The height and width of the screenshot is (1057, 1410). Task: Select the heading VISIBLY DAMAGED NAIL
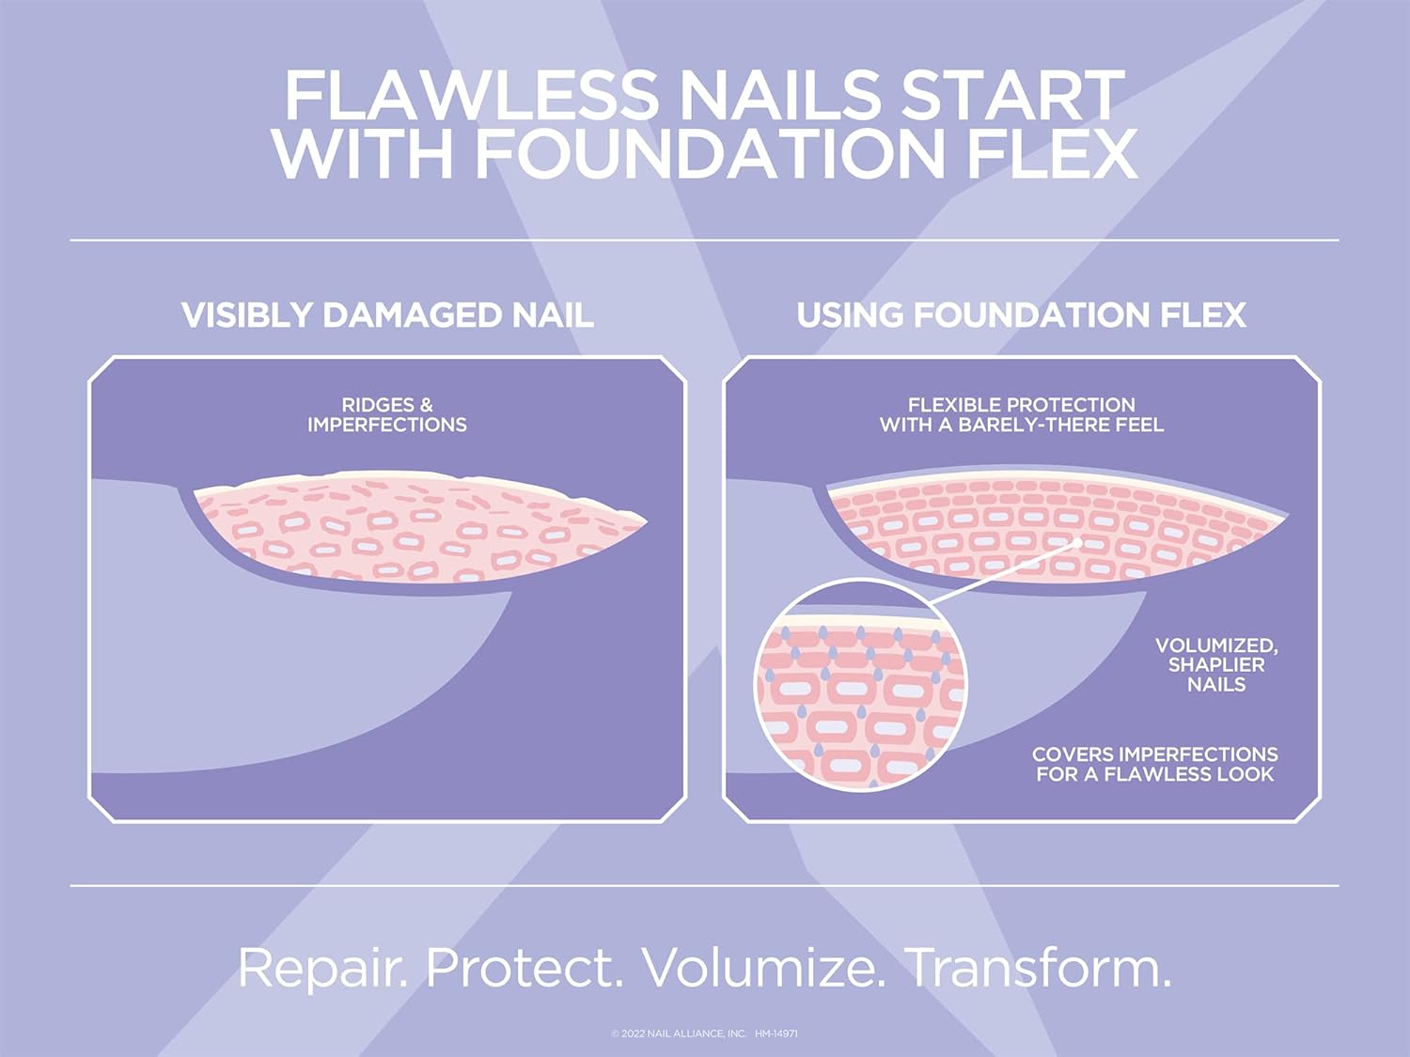pos(387,315)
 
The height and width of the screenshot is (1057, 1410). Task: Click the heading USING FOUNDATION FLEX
pos(1021,315)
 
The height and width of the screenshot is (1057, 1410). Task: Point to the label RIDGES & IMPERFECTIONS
pos(387,415)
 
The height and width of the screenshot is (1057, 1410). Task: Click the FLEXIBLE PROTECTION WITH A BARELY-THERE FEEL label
pos(1021,415)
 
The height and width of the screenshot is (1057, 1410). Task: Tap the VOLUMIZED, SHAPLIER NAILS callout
pos(1215,665)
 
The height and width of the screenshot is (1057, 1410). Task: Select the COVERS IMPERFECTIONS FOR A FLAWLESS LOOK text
pos(1154,764)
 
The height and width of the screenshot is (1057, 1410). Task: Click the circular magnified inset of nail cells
pos(860,686)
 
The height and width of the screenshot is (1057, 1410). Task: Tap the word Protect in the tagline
pos(525,968)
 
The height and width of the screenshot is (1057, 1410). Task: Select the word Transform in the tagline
pos(1038,968)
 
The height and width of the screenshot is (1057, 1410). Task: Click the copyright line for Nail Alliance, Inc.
pos(679,1034)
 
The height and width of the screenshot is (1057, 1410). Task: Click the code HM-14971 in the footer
pos(776,1034)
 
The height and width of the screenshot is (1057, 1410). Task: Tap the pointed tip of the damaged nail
pos(645,519)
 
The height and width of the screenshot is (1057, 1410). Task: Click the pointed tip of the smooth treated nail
pos(1285,516)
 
